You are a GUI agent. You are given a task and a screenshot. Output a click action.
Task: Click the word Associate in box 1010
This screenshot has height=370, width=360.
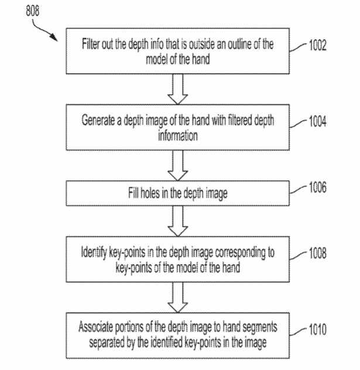coord(95,326)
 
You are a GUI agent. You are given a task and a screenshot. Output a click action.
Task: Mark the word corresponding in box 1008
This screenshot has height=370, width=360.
coord(246,253)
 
